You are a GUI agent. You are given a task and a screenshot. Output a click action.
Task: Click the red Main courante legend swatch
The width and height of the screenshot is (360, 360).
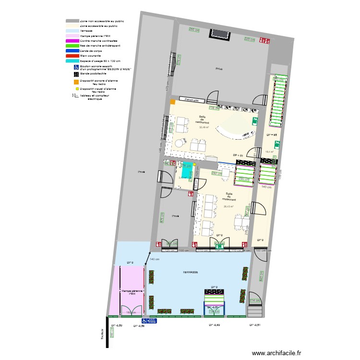pyautogui.click(x=72, y=56)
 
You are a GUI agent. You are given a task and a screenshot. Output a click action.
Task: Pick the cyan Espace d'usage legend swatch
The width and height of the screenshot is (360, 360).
pyautogui.click(x=72, y=61)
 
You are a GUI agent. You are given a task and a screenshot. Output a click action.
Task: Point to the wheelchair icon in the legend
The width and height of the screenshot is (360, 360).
pyautogui.click(x=76, y=68)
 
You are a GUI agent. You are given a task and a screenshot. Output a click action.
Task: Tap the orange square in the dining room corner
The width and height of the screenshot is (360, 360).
pyautogui.click(x=172, y=101)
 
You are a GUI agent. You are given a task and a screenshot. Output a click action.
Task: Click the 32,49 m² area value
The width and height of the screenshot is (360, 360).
pyautogui.click(x=204, y=128)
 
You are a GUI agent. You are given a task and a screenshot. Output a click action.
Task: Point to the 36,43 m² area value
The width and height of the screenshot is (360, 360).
pyautogui.click(x=228, y=207)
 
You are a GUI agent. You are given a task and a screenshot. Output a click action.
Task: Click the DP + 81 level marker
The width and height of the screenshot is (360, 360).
pyautogui.click(x=238, y=156)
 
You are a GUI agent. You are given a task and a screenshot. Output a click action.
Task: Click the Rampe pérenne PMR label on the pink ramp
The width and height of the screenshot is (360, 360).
pyautogui.click(x=132, y=292)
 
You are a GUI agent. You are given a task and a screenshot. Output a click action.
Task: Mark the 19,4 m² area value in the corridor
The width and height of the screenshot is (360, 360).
pyautogui.click(x=269, y=152)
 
